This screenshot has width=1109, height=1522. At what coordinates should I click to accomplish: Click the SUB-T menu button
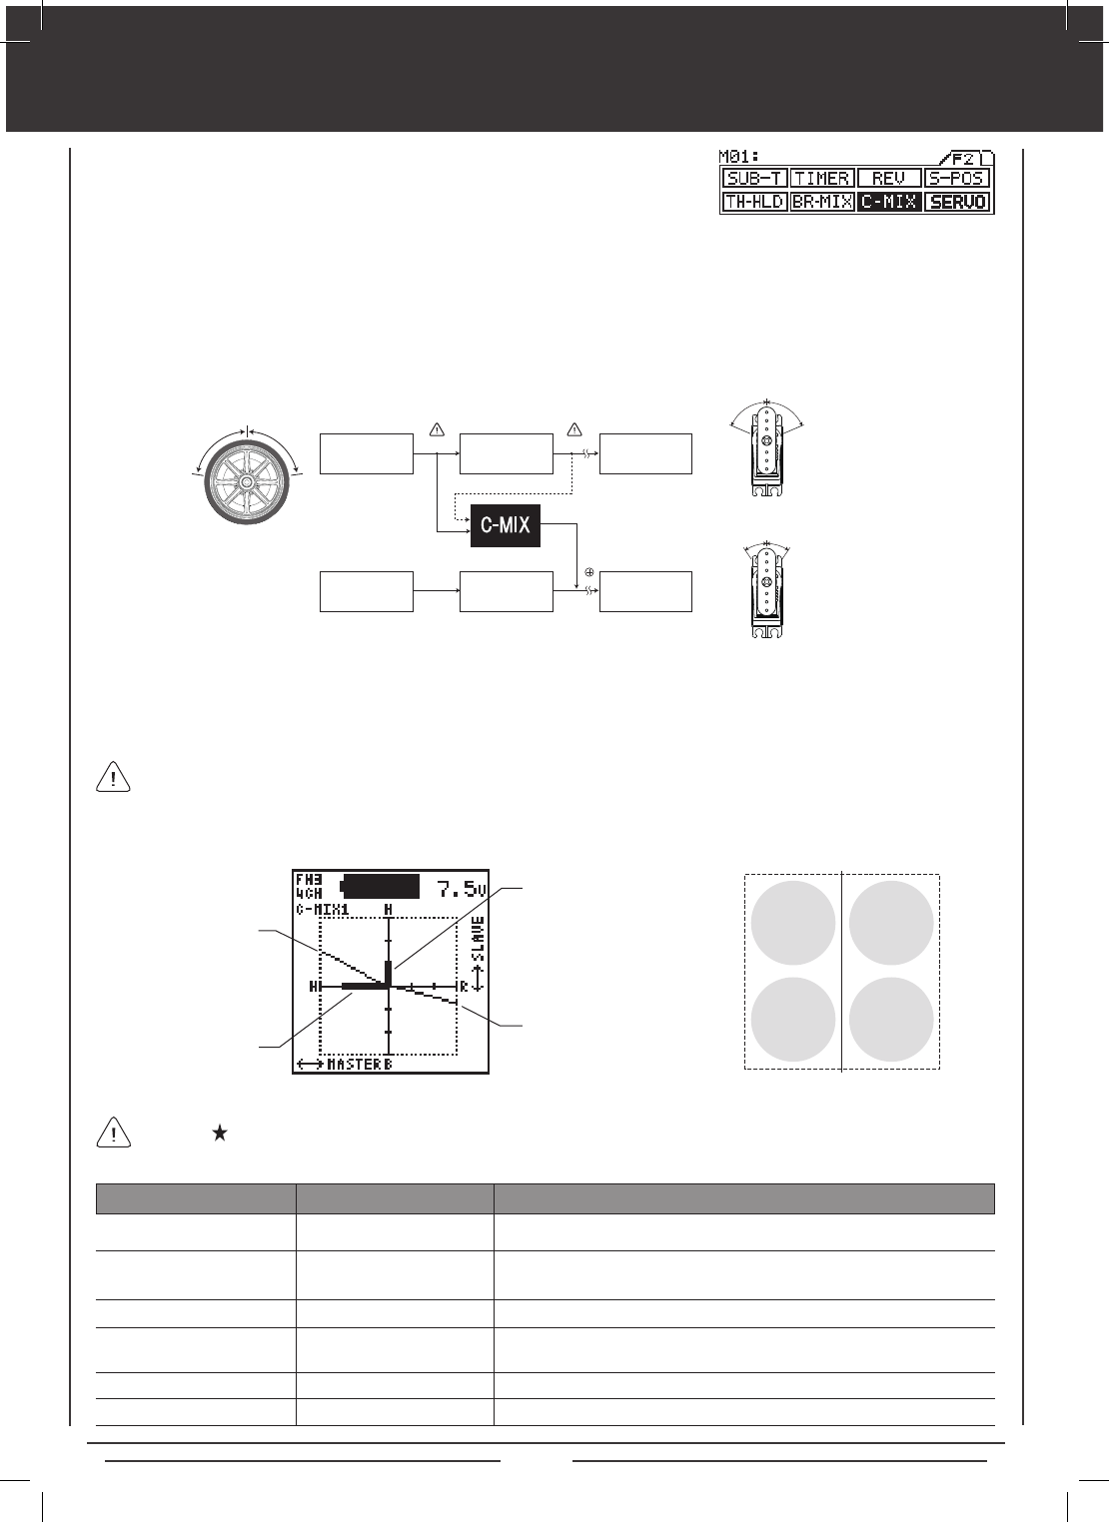click(x=754, y=178)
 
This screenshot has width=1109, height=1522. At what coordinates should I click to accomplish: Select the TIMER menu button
click(x=822, y=178)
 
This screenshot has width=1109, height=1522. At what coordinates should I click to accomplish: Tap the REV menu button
click(x=889, y=178)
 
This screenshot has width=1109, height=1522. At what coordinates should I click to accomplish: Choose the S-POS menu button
click(x=957, y=178)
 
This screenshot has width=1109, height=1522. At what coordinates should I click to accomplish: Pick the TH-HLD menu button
click(x=754, y=202)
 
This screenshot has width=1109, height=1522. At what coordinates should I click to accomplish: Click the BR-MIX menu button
click(x=822, y=202)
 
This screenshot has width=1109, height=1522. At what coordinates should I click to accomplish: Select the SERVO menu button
click(x=957, y=202)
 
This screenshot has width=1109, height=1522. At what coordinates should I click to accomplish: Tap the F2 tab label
click(x=963, y=159)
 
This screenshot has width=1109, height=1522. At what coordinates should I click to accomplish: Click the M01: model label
click(x=739, y=157)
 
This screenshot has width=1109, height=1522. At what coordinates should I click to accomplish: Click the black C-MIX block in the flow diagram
click(x=506, y=525)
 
